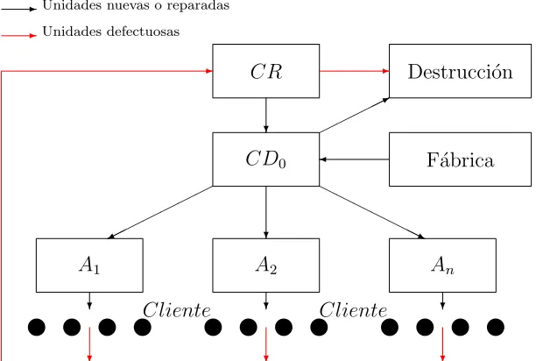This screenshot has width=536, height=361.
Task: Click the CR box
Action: (266, 71)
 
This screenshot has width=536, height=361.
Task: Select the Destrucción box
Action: (460, 71)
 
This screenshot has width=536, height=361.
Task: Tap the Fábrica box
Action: (460, 159)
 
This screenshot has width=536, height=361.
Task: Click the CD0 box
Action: (266, 159)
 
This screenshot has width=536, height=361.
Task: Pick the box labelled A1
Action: (89, 265)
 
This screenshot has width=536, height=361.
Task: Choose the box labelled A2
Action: (266, 265)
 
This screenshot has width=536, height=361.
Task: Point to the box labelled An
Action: (442, 265)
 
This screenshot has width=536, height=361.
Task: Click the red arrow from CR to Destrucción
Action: (355, 71)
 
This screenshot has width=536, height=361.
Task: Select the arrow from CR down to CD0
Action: (266, 115)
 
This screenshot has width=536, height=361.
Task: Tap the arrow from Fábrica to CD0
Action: (355, 159)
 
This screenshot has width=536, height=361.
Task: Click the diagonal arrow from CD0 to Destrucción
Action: (355, 115)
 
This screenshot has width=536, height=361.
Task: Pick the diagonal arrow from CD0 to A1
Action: (160, 212)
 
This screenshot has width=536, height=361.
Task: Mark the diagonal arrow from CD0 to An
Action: (372, 212)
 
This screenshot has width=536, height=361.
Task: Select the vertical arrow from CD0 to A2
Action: (266, 212)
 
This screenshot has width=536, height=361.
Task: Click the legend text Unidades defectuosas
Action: (111, 32)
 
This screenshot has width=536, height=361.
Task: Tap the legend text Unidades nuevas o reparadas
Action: (136, 5)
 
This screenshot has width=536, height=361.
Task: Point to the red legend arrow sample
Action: (18, 35)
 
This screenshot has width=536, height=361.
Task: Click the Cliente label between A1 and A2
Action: (177, 310)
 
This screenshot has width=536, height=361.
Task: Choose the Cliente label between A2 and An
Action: (353, 310)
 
